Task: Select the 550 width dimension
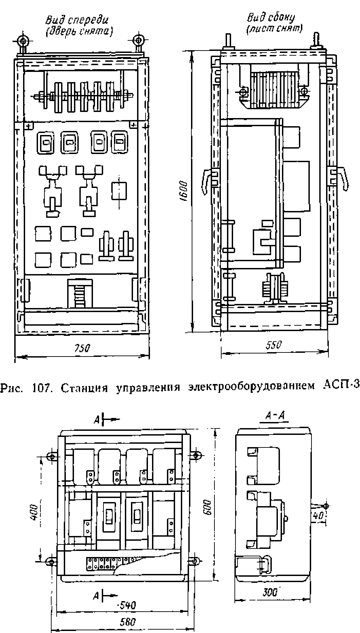tap(274, 345)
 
